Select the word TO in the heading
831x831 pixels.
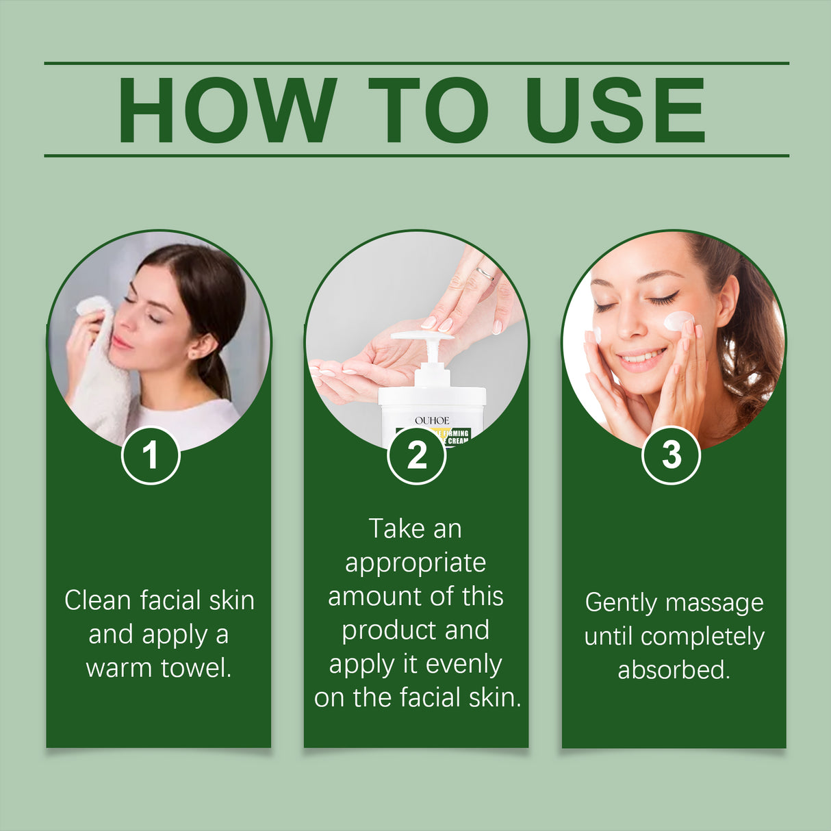click(x=429, y=111)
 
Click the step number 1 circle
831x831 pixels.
click(x=151, y=455)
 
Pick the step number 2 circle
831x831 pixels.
click(x=416, y=455)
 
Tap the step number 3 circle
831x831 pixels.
click(x=671, y=455)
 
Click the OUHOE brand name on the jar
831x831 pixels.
click(x=432, y=420)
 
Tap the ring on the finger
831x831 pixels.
click(x=485, y=274)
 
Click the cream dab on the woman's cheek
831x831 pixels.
click(x=678, y=320)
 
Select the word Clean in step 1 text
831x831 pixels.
click(x=97, y=600)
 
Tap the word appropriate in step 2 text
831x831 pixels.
click(x=415, y=563)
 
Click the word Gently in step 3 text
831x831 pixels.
click(x=621, y=603)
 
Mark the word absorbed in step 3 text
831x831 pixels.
click(x=674, y=669)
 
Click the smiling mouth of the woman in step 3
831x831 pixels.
click(x=642, y=357)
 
